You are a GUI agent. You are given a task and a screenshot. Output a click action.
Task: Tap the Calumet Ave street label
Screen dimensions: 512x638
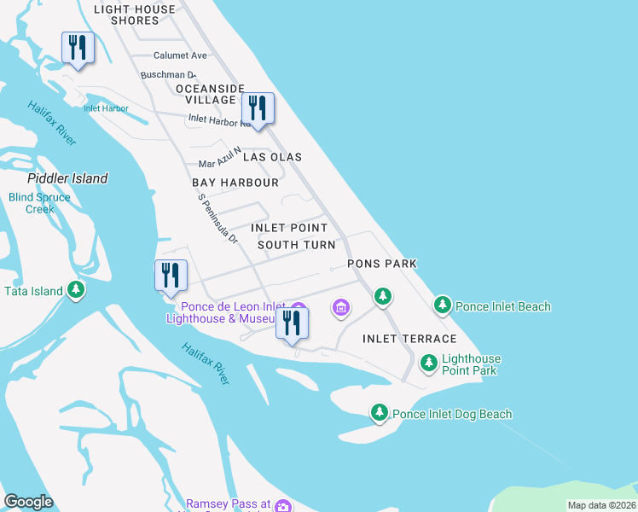(x=180, y=55)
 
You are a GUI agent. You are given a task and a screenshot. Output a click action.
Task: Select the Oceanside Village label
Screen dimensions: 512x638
(x=210, y=94)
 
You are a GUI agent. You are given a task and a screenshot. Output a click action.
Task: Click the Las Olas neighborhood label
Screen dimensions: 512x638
(x=272, y=157)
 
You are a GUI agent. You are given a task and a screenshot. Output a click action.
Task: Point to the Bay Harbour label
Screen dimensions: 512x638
(x=235, y=183)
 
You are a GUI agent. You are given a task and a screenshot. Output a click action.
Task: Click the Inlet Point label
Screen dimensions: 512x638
(x=288, y=228)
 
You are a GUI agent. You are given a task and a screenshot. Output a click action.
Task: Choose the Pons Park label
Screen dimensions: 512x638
(x=381, y=264)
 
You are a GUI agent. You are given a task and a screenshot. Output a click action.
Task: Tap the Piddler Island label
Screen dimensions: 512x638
(x=67, y=178)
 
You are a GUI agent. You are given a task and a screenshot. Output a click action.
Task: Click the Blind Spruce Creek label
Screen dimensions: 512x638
(x=40, y=203)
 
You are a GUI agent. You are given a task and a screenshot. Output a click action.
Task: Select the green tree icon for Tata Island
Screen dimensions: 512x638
(x=77, y=291)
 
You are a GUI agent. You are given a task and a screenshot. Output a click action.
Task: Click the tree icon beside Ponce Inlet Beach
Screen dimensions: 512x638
(x=442, y=305)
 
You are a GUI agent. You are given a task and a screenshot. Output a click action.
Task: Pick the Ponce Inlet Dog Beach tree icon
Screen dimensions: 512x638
(x=380, y=413)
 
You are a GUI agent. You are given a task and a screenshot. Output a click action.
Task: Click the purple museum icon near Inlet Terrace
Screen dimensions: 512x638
(x=341, y=307)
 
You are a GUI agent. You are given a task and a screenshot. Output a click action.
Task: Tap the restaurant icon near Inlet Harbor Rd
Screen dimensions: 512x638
(x=257, y=108)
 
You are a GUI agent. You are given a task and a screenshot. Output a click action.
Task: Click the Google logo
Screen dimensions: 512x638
(x=28, y=502)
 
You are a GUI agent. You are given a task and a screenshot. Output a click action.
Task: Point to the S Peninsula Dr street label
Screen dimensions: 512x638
(x=217, y=218)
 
